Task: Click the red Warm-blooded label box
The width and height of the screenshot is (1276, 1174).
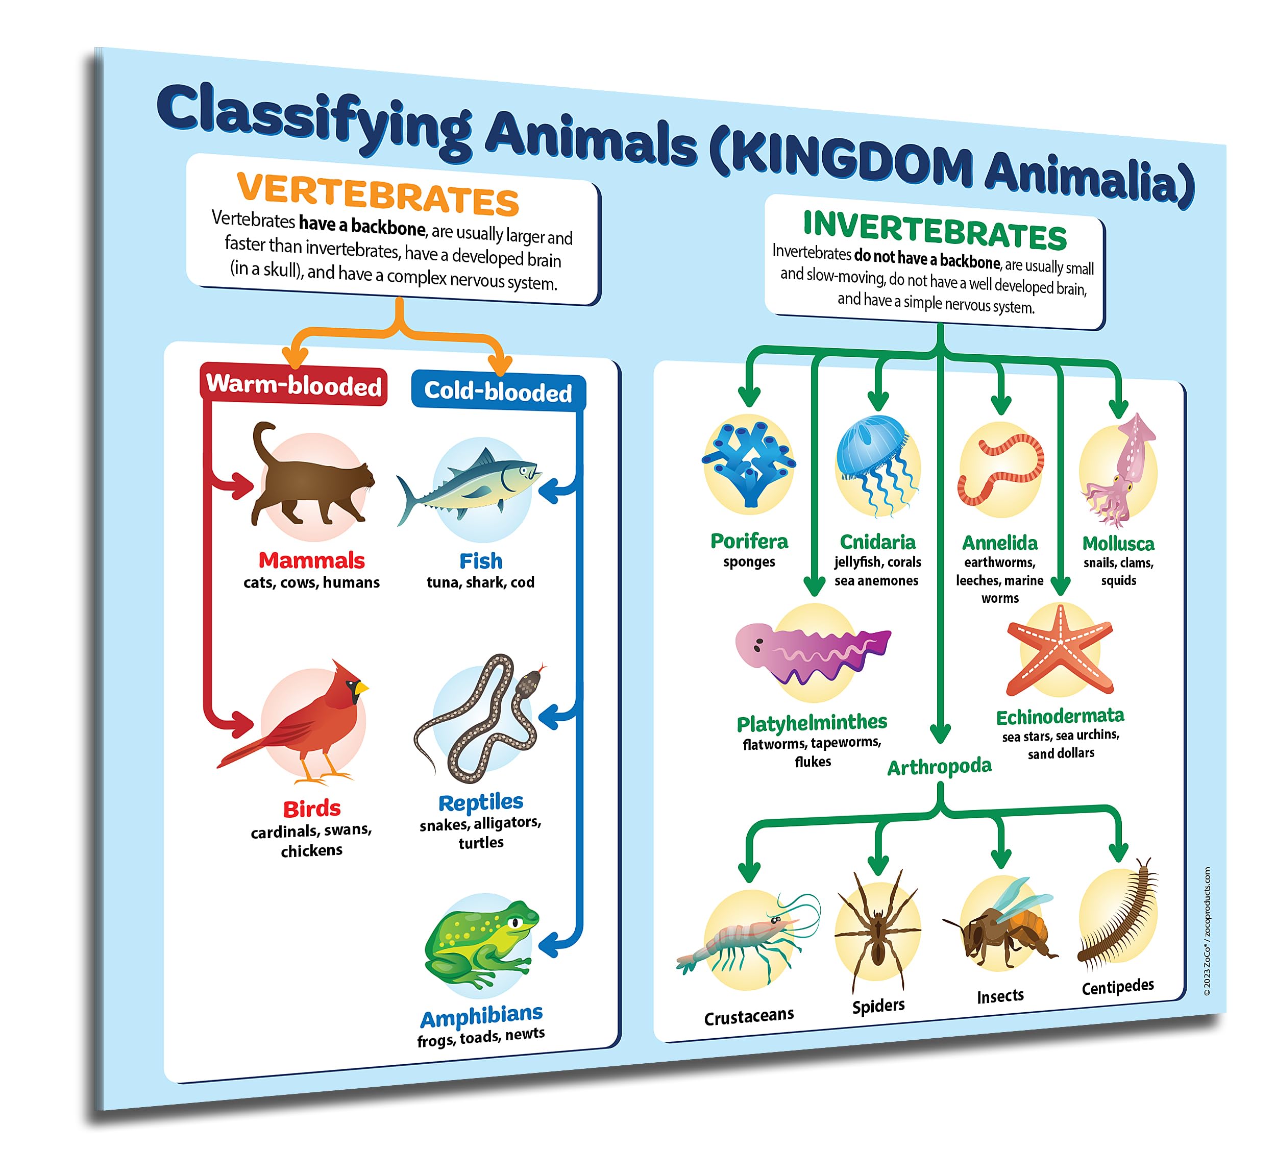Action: [x=293, y=385]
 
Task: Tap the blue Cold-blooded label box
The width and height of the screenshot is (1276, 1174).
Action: [x=498, y=392]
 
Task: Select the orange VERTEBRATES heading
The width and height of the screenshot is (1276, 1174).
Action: [x=378, y=194]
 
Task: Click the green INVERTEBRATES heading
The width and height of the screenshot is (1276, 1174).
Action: [x=935, y=231]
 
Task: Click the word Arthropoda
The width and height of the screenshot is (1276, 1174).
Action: [x=939, y=767]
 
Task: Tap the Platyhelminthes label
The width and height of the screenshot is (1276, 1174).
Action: [x=812, y=723]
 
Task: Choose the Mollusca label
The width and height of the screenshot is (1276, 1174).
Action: [x=1118, y=544]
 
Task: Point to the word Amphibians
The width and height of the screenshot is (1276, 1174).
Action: [x=481, y=1016]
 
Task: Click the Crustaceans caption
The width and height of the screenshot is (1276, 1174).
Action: [x=749, y=1016]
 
